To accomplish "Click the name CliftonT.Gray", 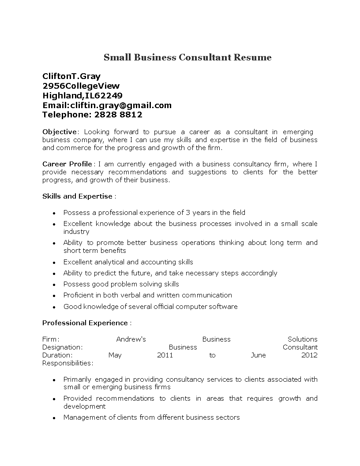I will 71,76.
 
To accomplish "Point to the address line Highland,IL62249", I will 82,95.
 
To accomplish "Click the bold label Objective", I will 60,132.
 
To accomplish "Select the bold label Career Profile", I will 67,164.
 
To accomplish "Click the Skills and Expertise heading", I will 78,196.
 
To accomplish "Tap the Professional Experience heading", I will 85,323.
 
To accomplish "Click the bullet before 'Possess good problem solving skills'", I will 54,285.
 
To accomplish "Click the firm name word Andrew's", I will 131,339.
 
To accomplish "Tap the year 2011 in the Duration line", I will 165,355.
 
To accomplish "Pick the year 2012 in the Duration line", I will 309,355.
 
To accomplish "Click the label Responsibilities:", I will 67,363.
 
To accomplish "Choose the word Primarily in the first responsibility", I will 77,379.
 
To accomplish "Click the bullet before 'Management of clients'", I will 54,417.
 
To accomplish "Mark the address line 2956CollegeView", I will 81,86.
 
